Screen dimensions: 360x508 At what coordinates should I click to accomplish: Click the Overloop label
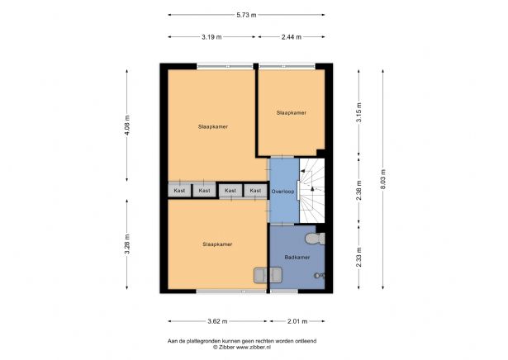point(283,190)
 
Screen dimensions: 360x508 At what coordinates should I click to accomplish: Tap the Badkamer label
point(297,258)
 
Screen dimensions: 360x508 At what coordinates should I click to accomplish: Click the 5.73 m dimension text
point(246,15)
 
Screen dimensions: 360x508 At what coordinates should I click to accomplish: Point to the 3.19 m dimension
point(211,37)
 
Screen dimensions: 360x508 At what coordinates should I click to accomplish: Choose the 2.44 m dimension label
point(292,37)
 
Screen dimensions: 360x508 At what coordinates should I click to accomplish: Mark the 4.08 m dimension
point(126,126)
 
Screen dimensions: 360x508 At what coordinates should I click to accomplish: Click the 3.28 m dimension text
point(126,246)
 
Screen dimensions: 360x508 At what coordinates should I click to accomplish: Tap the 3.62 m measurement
point(217,321)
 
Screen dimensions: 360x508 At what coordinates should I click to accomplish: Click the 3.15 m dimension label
point(358,111)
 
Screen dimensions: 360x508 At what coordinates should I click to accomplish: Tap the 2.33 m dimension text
point(358,258)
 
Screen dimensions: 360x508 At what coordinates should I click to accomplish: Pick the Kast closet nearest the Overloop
point(255,191)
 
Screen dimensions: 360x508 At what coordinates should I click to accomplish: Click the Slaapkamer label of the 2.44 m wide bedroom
point(292,111)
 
